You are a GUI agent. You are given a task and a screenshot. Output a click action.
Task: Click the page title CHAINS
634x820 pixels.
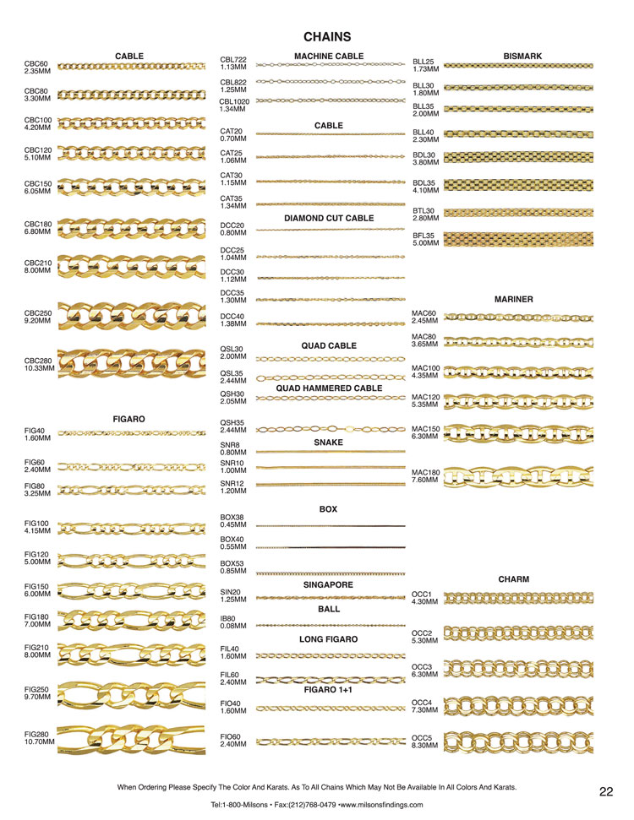pyautogui.click(x=327, y=37)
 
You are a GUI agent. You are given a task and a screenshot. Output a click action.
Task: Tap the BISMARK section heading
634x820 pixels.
pyautogui.click(x=522, y=57)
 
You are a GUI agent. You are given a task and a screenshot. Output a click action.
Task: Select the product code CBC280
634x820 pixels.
pyautogui.click(x=38, y=361)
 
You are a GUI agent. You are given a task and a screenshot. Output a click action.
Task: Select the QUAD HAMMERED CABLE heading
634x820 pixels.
pyautogui.click(x=329, y=388)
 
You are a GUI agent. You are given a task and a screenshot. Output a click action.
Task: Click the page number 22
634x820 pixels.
pyautogui.click(x=606, y=791)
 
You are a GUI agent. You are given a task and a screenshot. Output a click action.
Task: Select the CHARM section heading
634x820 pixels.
pyautogui.click(x=514, y=579)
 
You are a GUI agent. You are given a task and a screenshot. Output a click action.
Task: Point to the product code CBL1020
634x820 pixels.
pyautogui.click(x=236, y=100)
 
